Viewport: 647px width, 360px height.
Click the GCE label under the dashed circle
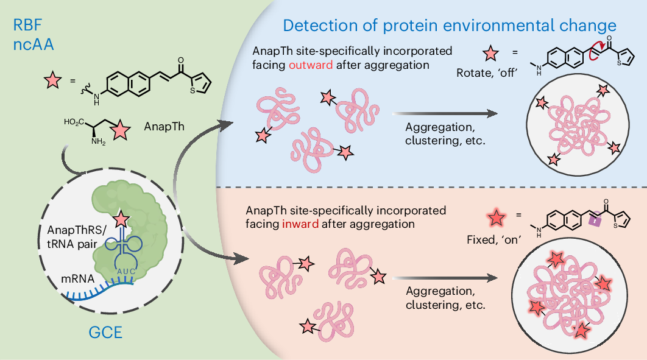(105, 333)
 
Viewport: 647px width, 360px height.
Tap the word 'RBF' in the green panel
(27, 25)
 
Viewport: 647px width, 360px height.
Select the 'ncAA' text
(34, 44)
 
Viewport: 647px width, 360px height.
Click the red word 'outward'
(311, 65)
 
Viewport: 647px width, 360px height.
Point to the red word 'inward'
(300, 224)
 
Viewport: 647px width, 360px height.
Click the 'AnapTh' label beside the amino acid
(164, 126)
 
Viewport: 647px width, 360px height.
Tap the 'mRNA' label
(77, 279)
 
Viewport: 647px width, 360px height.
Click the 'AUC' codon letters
(126, 271)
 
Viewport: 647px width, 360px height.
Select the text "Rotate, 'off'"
(487, 73)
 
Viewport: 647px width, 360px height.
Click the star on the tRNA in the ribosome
(121, 219)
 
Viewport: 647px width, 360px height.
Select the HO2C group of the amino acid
(74, 122)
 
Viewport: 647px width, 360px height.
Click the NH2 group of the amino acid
(98, 141)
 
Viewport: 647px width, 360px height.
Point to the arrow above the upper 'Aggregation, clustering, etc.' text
(445, 113)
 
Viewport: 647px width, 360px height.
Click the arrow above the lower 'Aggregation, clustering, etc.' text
(445, 278)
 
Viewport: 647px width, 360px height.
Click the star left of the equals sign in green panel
(53, 80)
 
